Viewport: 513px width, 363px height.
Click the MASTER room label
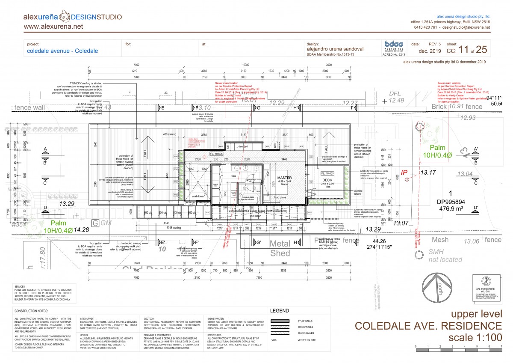click(284, 178)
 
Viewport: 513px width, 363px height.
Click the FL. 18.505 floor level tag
click(217, 153)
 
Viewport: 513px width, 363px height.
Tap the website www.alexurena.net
click(53, 27)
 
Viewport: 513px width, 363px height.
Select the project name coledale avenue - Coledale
click(62, 51)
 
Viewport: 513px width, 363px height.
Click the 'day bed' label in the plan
click(243, 146)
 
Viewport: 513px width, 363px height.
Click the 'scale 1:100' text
click(475, 338)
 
